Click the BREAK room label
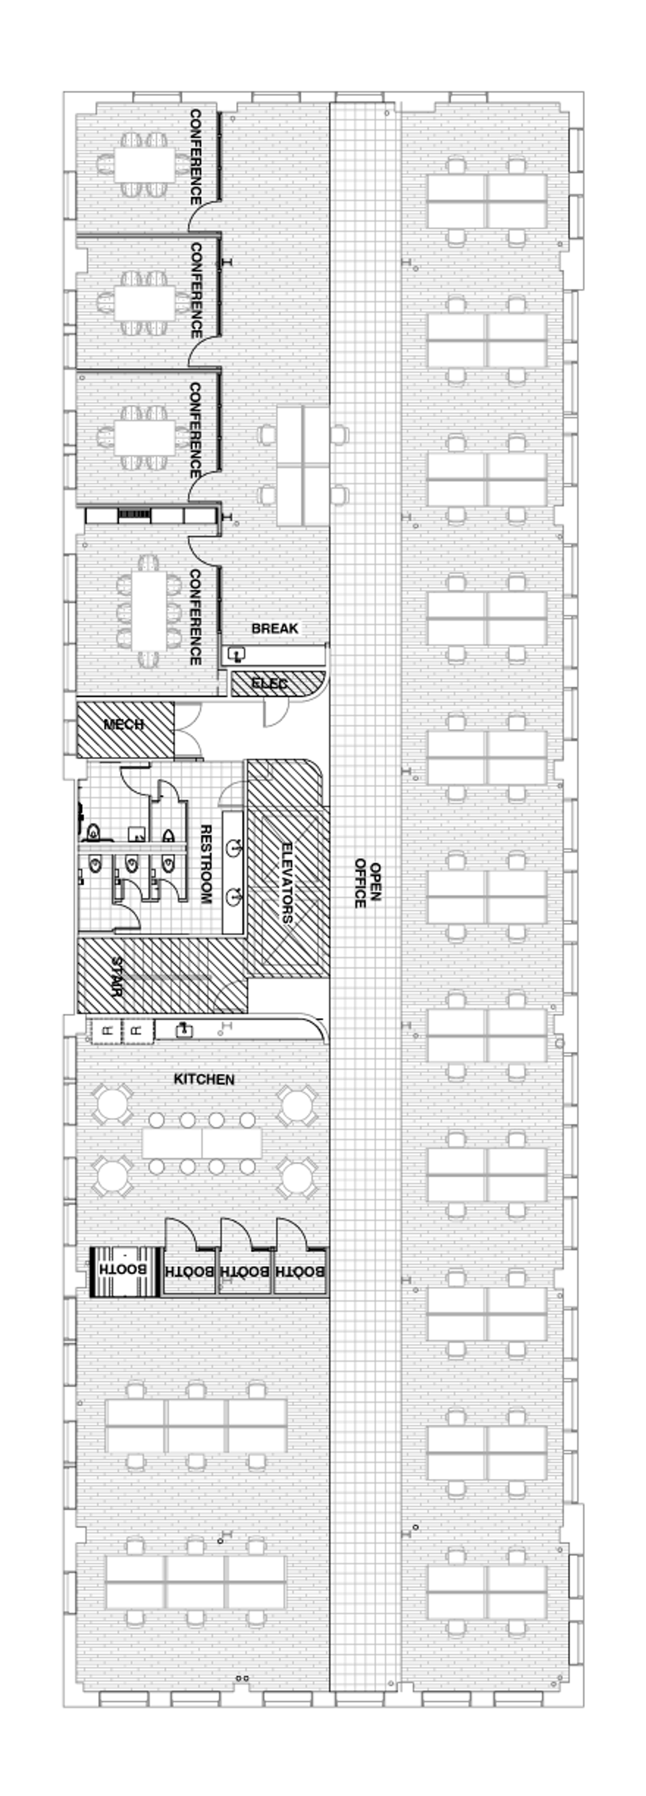(274, 628)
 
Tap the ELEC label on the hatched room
(269, 683)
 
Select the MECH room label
(123, 724)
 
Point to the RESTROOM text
(206, 864)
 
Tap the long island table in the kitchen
(202, 1143)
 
